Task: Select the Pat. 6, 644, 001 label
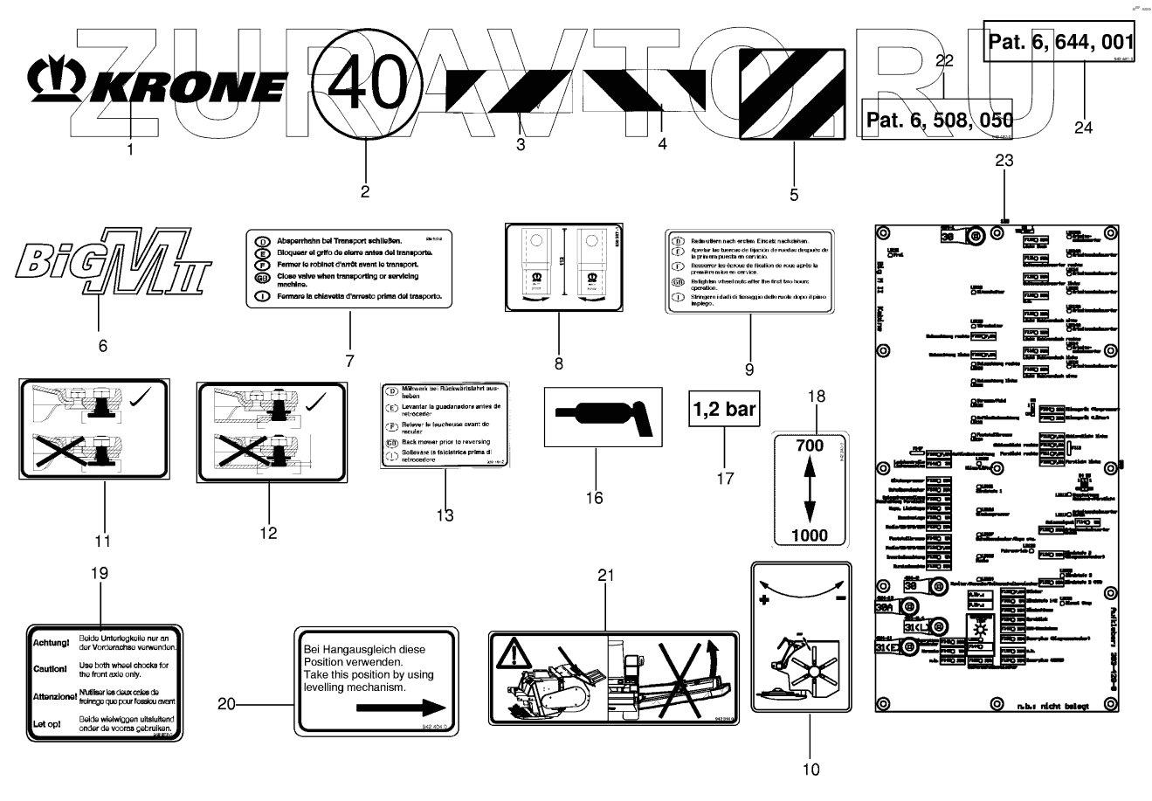pyautogui.click(x=1060, y=41)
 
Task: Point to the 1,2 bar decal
pyautogui.click(x=725, y=409)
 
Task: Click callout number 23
pyautogui.click(x=1004, y=161)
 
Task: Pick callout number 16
pyautogui.click(x=594, y=498)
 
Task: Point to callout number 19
pyautogui.click(x=100, y=573)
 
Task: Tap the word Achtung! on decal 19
pyautogui.click(x=51, y=644)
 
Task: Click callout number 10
pyautogui.click(x=811, y=770)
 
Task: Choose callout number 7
pyautogui.click(x=349, y=360)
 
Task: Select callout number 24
pyautogui.click(x=1083, y=127)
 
